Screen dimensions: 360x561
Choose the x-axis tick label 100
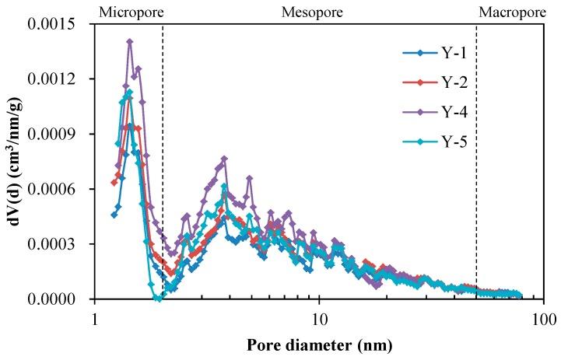542,319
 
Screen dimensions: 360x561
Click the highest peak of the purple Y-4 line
130,42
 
